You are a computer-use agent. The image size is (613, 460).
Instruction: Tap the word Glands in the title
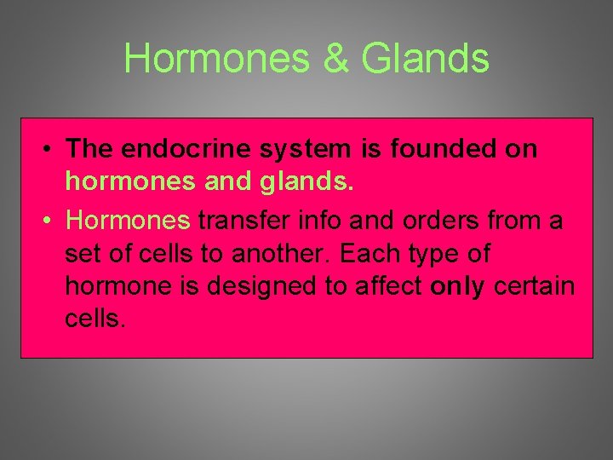click(x=425, y=59)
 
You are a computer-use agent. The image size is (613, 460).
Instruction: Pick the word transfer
click(x=238, y=221)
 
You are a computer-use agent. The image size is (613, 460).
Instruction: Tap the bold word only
click(x=457, y=286)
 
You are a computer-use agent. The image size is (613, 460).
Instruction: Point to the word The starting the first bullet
click(x=90, y=149)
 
